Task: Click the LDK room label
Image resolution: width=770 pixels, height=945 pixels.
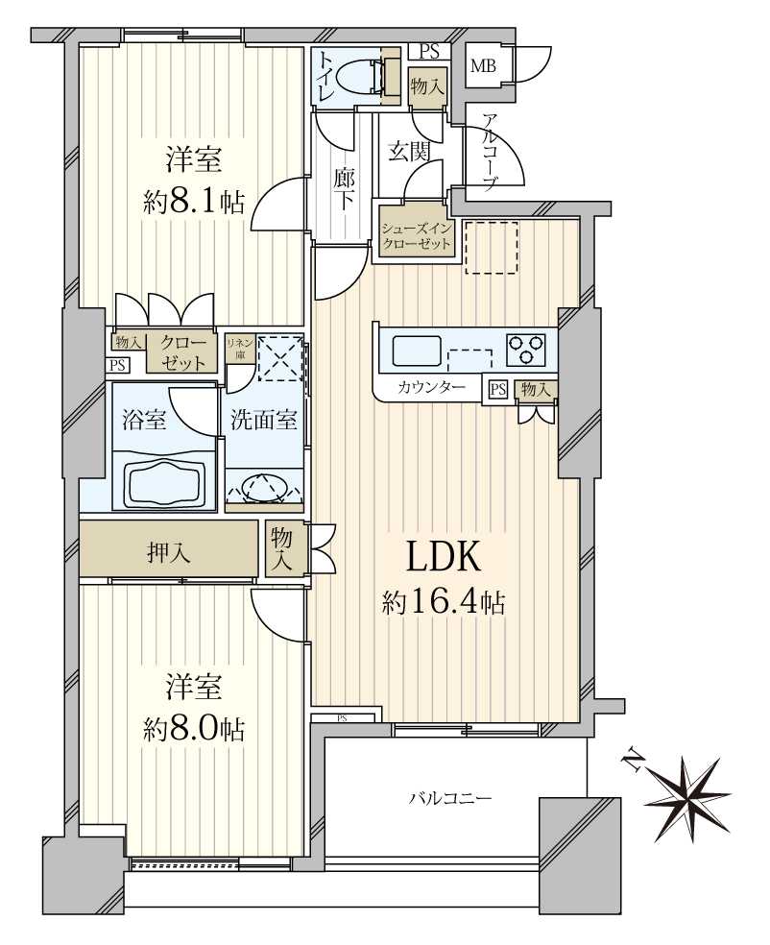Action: pos(444,559)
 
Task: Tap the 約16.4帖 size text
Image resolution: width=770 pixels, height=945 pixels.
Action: pos(444,602)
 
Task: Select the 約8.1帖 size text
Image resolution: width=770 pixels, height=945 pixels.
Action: pos(194,202)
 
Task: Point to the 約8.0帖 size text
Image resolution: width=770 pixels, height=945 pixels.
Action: pos(194,729)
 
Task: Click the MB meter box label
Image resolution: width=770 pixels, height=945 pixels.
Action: pos(482,66)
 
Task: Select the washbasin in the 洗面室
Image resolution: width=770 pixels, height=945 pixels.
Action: pos(263,486)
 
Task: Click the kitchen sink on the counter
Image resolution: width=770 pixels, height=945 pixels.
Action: pos(415,351)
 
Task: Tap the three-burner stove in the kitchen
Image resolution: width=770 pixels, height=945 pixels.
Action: pos(525,349)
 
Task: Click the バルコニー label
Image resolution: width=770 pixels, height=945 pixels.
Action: pos(450,797)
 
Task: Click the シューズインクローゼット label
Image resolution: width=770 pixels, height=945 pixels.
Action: pos(416,236)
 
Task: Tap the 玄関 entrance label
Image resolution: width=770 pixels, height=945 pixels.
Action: pos(407,150)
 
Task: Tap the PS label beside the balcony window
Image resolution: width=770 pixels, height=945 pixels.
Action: pos(343,717)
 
